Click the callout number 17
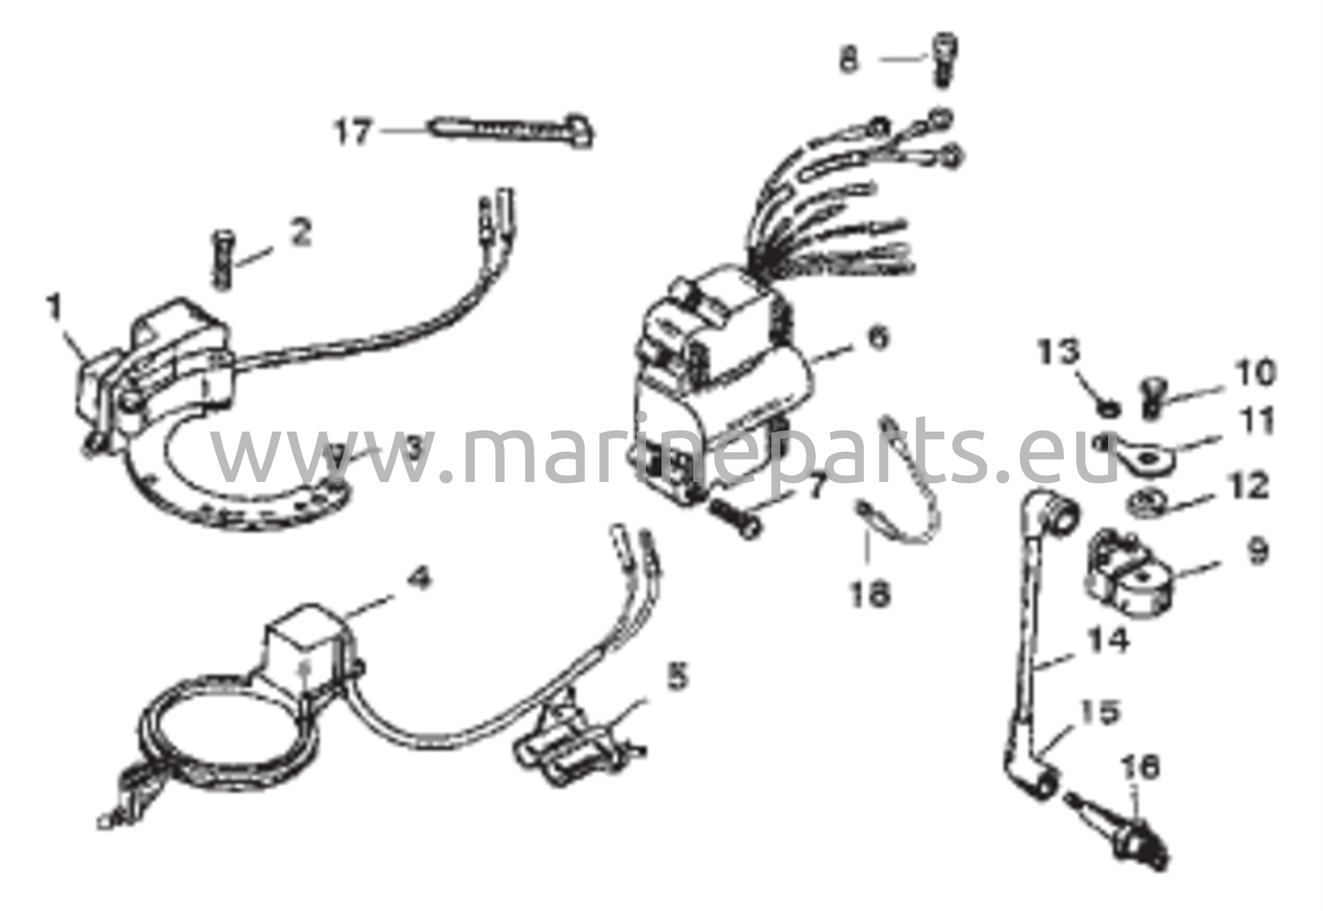[x=353, y=132]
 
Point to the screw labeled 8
[x=943, y=59]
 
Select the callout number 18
[x=870, y=592]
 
